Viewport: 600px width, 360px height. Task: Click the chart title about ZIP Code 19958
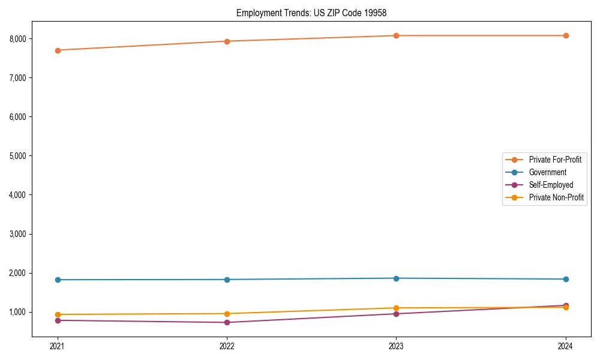300,13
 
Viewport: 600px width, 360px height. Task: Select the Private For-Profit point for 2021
58,50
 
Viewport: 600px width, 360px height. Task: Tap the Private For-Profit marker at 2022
227,41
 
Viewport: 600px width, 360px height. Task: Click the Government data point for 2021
58,280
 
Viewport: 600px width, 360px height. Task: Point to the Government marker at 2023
396,278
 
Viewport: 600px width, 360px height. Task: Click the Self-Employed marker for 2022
227,322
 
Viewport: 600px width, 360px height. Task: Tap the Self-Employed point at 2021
58,320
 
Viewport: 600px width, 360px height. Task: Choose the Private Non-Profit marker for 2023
396,308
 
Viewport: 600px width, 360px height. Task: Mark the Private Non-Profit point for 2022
227,314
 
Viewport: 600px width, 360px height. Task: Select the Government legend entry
547,172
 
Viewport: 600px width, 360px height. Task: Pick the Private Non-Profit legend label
556,197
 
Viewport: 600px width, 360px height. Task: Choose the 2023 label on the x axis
396,346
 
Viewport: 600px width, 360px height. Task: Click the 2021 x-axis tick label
58,346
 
